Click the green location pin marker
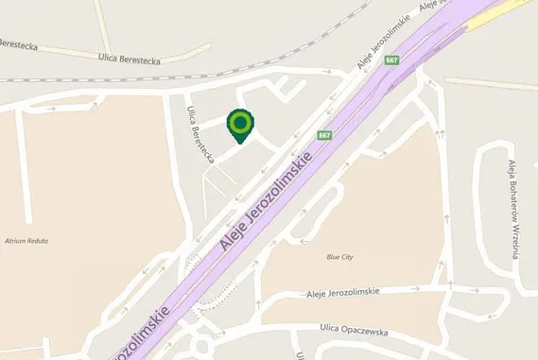[240, 124]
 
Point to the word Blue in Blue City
[333, 256]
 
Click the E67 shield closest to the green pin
[324, 135]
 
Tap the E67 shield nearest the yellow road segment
[391, 60]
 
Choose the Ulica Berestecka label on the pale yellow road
[130, 59]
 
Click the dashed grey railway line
[284, 57]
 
